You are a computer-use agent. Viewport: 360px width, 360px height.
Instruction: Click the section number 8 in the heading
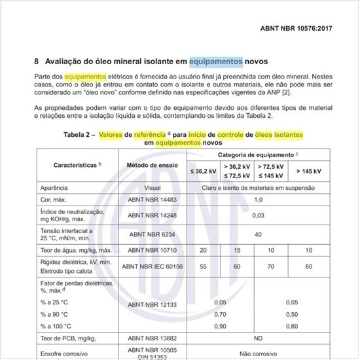coord(36,62)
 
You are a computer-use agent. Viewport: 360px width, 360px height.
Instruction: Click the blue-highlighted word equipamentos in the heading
coord(216,62)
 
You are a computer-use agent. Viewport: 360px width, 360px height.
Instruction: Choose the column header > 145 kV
coord(308,171)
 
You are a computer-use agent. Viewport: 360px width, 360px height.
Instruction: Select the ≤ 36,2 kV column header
coord(203,171)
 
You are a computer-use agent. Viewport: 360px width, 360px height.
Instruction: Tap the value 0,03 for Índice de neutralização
coord(258,215)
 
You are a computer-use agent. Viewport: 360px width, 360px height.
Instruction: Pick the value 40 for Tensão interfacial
coord(258,234)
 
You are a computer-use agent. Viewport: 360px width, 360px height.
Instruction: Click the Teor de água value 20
coord(203,250)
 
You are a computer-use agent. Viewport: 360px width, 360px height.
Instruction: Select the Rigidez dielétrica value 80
coord(309,266)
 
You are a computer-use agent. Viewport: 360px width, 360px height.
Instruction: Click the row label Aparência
coord(55,187)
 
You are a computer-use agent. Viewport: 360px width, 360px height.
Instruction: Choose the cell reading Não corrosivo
coord(258,353)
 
